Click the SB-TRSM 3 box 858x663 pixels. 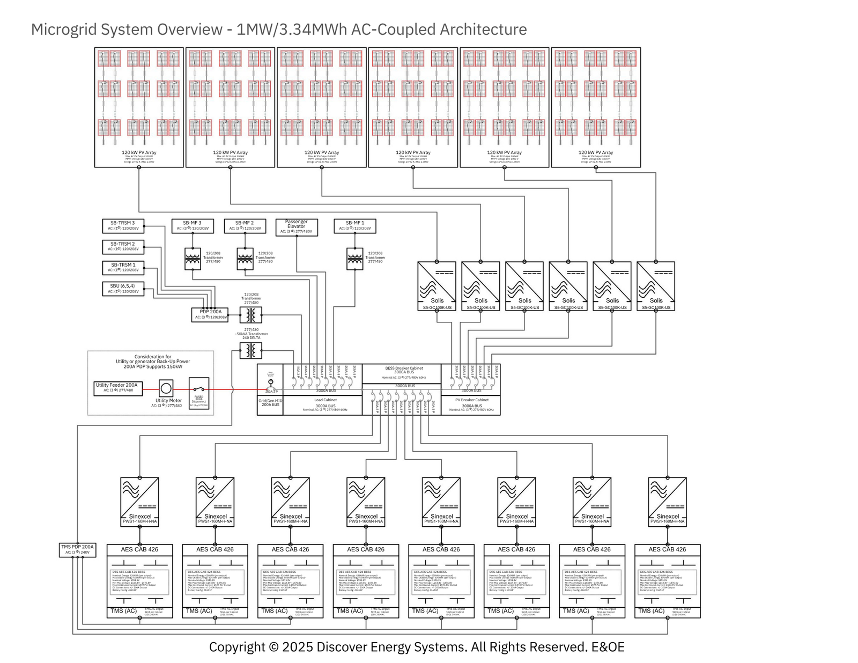click(123, 226)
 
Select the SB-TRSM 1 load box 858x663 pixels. click(123, 268)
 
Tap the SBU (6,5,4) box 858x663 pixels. click(123, 289)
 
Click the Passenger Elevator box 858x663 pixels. click(297, 227)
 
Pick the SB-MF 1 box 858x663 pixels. click(354, 226)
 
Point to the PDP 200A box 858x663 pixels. click(210, 314)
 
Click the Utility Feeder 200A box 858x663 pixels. click(117, 388)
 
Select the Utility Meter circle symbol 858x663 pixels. click(166, 388)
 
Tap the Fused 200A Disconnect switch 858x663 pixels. click(199, 392)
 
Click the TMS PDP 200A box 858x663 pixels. click(78, 549)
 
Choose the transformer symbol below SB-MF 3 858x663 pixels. click(193, 259)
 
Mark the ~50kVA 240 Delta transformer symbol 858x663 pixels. click(250, 350)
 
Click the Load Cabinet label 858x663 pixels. click(325, 400)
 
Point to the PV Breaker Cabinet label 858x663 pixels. click(471, 400)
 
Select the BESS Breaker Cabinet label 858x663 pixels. click(403, 369)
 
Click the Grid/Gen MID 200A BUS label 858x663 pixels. click(270, 403)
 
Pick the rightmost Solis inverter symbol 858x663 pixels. click(656, 286)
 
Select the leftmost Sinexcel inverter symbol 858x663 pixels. click(140, 502)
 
